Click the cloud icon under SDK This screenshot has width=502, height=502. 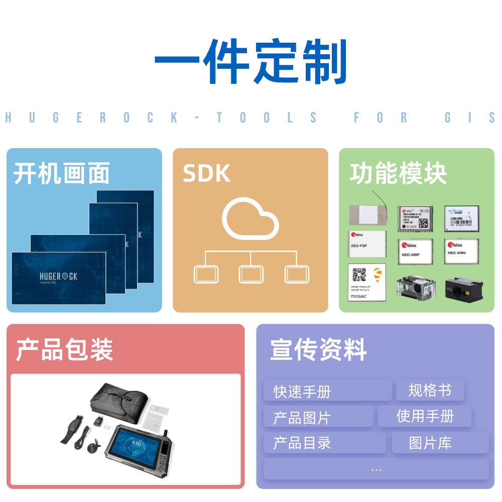click(x=250, y=219)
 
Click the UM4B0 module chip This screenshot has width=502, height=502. click(x=461, y=218)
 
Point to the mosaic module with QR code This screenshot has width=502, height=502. click(x=366, y=282)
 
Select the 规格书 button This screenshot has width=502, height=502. click(x=430, y=390)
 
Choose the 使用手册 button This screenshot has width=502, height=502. click(x=425, y=416)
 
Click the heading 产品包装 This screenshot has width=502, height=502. click(x=64, y=349)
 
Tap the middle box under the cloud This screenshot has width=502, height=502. click(x=251, y=274)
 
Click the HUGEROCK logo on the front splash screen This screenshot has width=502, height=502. click(x=59, y=277)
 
